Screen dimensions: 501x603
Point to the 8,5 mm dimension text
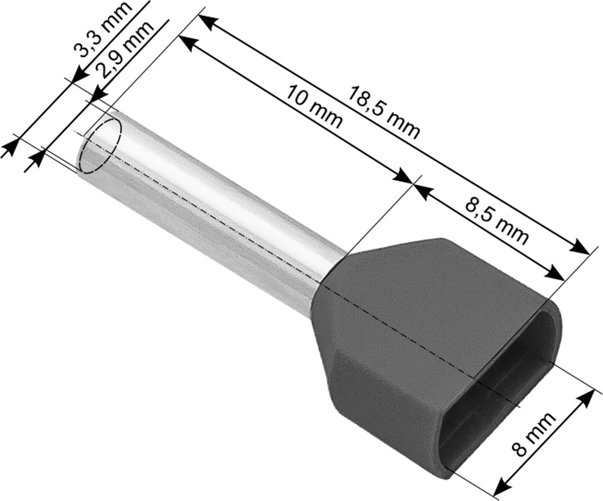point(496,220)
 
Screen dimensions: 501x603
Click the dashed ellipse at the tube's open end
point(100,146)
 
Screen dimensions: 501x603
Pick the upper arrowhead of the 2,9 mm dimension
point(97,96)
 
